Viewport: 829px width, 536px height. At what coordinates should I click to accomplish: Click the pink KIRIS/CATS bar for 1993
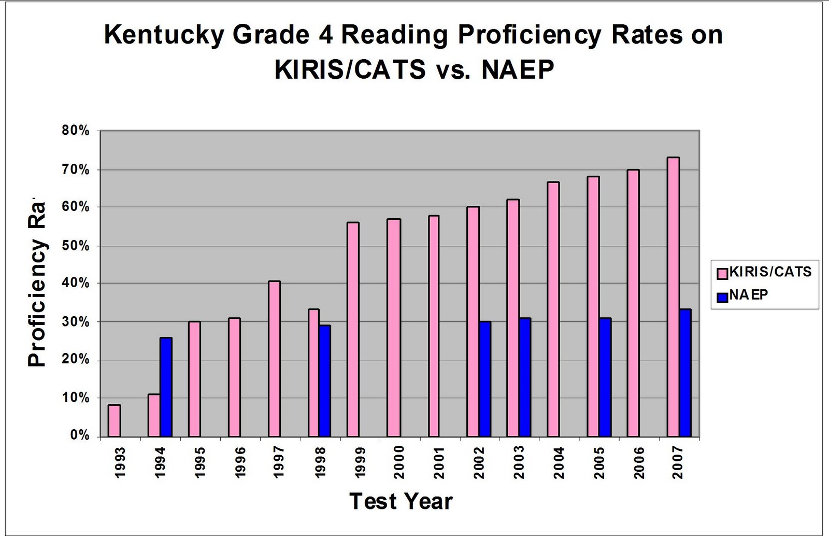(x=115, y=420)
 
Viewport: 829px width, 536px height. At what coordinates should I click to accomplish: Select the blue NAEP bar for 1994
(x=166, y=387)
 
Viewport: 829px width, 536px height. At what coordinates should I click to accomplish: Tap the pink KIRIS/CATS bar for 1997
(x=274, y=359)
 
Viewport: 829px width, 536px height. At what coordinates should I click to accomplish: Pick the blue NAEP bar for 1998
(x=324, y=381)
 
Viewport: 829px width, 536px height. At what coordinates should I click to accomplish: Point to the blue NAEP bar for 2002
(x=485, y=379)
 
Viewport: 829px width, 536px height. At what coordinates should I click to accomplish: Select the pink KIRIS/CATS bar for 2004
(x=553, y=309)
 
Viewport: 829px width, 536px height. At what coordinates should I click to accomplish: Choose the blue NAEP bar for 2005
(x=605, y=377)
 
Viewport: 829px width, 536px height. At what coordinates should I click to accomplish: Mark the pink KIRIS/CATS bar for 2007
(x=673, y=297)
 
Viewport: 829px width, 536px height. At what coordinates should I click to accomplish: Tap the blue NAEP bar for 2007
(x=685, y=373)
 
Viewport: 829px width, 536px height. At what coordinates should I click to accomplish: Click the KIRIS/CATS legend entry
(x=764, y=272)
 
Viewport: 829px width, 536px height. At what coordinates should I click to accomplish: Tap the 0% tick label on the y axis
(x=81, y=436)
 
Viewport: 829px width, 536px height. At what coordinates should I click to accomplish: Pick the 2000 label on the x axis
(x=398, y=462)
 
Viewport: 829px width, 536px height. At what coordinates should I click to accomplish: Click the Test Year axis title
(x=401, y=501)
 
